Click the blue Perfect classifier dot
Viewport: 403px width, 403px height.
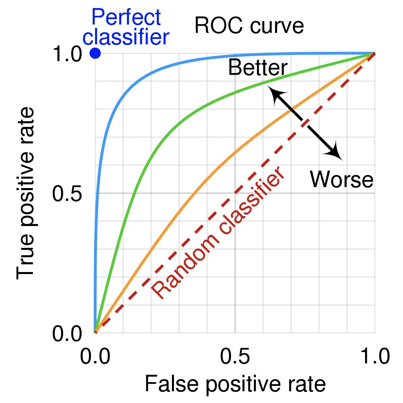pos(95,53)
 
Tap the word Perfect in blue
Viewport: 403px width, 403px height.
pos(126,17)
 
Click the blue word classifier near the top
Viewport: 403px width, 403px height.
pos(126,37)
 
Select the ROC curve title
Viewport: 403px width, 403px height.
pos(249,26)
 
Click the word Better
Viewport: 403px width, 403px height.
pos(258,68)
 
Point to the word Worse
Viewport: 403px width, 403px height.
pos(341,179)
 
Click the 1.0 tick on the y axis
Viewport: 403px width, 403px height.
pos(67,54)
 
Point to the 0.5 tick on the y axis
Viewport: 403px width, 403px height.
pos(67,194)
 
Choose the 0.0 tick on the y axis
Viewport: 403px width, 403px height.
pos(67,334)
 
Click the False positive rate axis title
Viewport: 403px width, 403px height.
pos(235,384)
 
